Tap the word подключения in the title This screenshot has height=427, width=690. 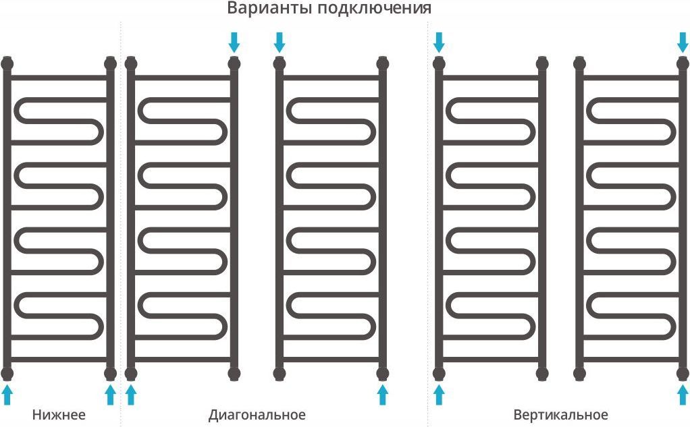tap(374, 8)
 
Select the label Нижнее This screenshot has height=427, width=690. tap(59, 414)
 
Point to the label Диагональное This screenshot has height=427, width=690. tap(257, 415)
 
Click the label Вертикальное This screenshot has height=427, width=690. tap(560, 414)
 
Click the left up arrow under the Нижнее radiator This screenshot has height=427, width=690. tap(7, 395)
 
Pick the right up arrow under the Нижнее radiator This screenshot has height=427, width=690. tap(111, 395)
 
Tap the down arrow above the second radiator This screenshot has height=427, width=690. tap(234, 42)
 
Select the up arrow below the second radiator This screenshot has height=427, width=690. tap(131, 395)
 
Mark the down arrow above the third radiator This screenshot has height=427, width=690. tap(280, 42)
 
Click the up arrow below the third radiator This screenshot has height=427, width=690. tap(382, 395)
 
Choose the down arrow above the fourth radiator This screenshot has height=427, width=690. tap(439, 42)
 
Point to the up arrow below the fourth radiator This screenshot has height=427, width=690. tap(439, 395)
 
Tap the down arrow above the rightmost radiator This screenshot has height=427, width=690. tap(683, 42)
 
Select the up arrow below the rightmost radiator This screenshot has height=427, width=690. tap(683, 395)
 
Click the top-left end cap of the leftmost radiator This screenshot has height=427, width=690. tap(7, 64)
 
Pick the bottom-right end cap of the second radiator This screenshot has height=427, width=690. tap(234, 374)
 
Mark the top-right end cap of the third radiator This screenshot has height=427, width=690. tap(382, 64)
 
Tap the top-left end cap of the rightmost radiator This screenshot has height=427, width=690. tap(579, 64)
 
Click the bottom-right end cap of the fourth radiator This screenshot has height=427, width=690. tap(542, 374)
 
